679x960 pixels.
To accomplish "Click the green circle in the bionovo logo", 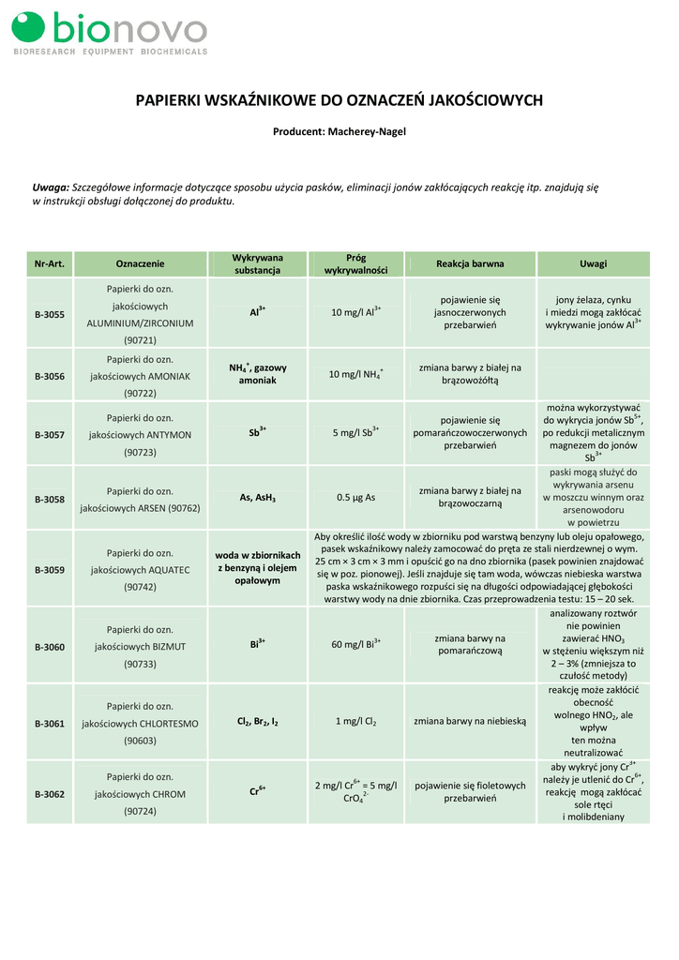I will coord(29,28).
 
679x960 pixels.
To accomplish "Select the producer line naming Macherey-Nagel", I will coord(339,132).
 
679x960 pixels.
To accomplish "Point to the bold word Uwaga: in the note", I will coord(52,187).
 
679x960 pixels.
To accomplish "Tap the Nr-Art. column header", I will coord(49,263).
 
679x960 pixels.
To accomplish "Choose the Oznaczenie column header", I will coord(140,263).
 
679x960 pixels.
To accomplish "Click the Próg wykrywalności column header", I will coord(355,263).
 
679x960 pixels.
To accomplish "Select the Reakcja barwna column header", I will coord(470,263).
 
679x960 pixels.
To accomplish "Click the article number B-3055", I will coord(50,314).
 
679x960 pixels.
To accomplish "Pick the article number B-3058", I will coord(50,500).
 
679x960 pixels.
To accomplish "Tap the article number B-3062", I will coord(50,794).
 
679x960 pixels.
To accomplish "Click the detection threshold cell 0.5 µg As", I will coord(355,499).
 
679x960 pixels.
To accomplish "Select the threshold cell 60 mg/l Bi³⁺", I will coord(355,645).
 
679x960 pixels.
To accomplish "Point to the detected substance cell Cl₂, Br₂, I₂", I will coord(257,722).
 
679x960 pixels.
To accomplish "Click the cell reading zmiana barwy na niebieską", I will coord(470,722).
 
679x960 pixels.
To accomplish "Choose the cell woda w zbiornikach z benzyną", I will coord(257,568).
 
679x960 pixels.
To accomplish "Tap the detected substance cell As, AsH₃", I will coord(257,499).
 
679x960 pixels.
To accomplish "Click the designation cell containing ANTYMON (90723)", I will coord(140,435).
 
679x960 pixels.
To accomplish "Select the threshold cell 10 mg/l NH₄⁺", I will coord(355,375).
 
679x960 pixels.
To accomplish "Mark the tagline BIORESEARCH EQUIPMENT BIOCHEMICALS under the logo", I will coord(110,52).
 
